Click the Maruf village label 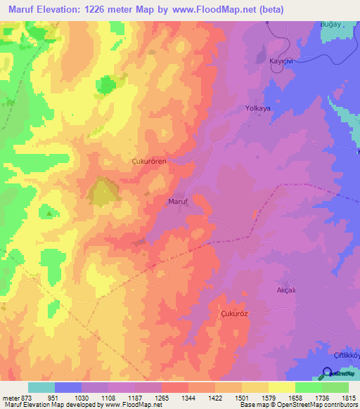(176, 202)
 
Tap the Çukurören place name (149, 161)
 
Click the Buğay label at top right (330, 24)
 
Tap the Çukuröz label (235, 313)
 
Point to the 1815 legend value (348, 398)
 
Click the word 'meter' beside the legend (8, 398)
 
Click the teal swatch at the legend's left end (41, 387)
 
